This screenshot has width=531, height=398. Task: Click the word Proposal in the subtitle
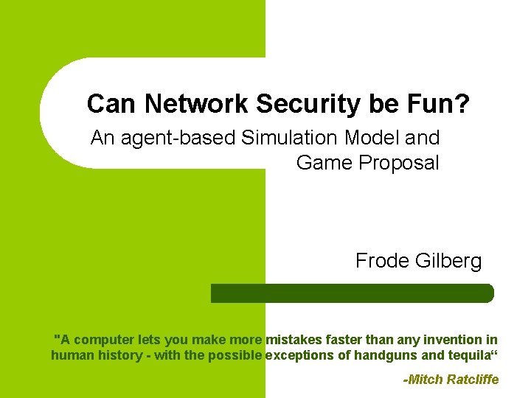pos(398,162)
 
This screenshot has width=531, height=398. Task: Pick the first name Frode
pos(383,261)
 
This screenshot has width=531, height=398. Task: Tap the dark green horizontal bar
pos(353,293)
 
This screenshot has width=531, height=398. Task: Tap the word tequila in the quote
pos(468,355)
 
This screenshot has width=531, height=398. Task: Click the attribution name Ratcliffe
pos(473,380)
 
